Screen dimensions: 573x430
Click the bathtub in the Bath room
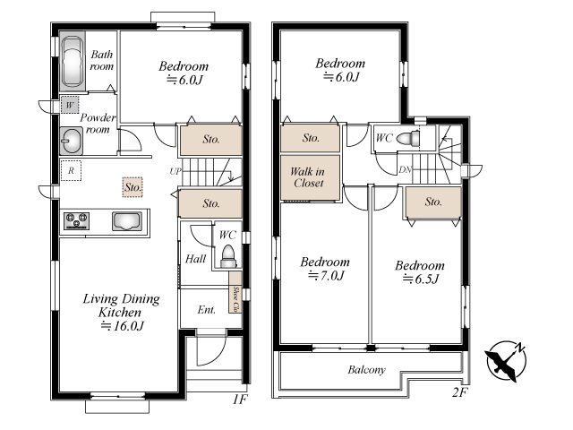click(x=73, y=62)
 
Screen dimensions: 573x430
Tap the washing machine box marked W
click(x=70, y=106)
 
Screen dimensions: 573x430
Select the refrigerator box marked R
click(x=71, y=170)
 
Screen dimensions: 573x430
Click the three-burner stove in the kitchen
click(x=77, y=221)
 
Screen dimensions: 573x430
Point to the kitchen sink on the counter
click(x=127, y=221)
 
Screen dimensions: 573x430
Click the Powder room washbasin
click(x=72, y=141)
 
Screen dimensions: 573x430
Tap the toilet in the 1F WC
click(x=228, y=257)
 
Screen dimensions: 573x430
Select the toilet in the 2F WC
click(x=408, y=139)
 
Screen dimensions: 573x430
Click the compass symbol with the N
click(x=506, y=361)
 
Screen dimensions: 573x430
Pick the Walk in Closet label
click(x=308, y=177)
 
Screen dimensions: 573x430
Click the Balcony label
click(x=366, y=370)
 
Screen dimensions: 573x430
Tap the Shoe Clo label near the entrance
click(x=235, y=298)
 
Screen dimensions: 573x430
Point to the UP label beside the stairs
click(x=175, y=171)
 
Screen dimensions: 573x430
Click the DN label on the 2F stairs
click(x=405, y=169)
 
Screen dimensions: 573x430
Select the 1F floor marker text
click(x=240, y=399)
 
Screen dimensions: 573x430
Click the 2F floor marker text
click(x=460, y=392)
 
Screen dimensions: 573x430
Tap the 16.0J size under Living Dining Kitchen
click(x=123, y=325)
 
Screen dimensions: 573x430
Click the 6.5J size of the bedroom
click(x=420, y=279)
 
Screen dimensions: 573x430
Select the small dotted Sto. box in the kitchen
click(x=133, y=187)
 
